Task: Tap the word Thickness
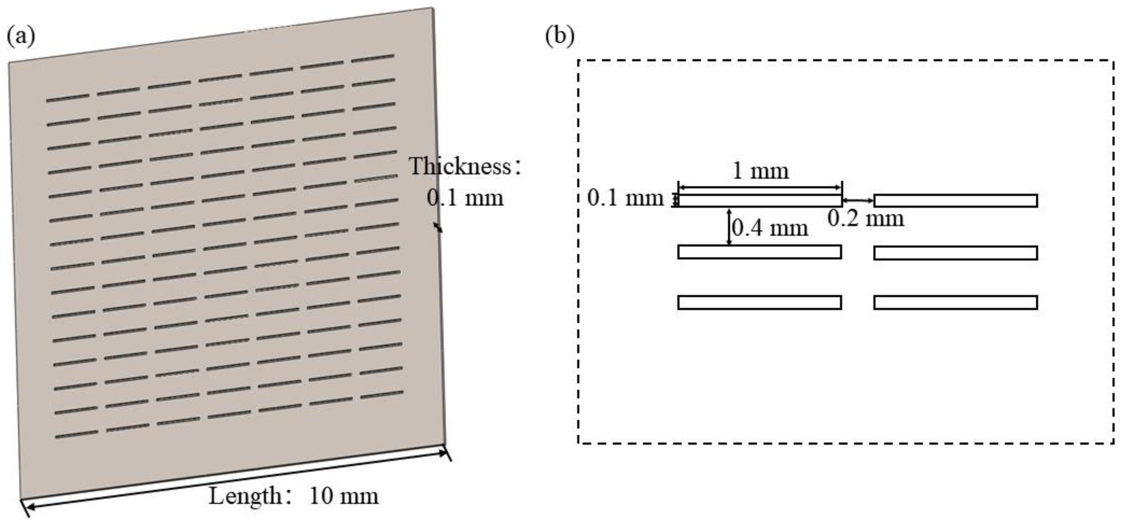pos(460,167)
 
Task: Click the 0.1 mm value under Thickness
pos(465,198)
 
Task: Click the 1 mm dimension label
pos(760,171)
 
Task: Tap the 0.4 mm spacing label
pos(770,228)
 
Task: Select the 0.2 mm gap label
pos(866,218)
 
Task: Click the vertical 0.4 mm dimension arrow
pos(730,226)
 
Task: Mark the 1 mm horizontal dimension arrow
pos(760,187)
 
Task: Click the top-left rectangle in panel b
pos(759,201)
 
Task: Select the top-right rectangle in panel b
pos(956,201)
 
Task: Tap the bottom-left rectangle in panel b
pos(759,303)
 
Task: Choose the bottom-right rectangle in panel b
pos(956,303)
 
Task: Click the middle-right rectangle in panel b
pos(956,253)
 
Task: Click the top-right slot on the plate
pos(373,58)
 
